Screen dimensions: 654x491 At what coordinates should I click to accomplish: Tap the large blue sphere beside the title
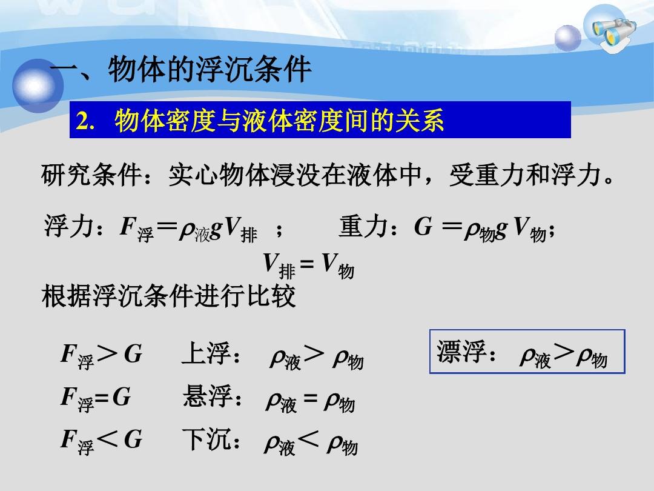(38, 85)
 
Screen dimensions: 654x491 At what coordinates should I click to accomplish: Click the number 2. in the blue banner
(85, 121)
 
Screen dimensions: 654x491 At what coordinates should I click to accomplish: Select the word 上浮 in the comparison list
(206, 353)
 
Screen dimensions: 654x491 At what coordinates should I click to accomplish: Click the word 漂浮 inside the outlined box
(461, 351)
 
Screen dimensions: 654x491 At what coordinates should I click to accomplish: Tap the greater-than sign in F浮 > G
(107, 354)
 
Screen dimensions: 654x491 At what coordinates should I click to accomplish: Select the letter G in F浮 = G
(121, 396)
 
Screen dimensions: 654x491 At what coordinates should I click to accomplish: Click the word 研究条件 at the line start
(91, 175)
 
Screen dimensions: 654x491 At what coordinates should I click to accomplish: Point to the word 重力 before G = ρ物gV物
(363, 226)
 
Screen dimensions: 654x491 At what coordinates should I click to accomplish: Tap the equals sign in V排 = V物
(307, 264)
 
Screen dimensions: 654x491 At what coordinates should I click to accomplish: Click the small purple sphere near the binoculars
(567, 38)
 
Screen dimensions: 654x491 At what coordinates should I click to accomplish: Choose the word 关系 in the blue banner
(419, 121)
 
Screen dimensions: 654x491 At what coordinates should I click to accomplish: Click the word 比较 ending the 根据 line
(271, 296)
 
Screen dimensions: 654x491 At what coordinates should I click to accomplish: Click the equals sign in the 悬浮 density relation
(310, 398)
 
